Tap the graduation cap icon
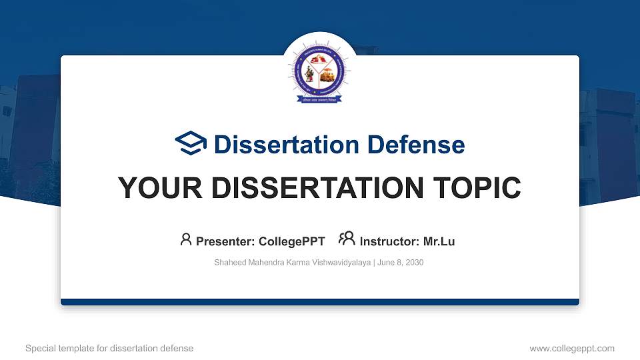click(191, 143)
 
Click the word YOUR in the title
click(155, 188)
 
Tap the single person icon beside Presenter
click(186, 239)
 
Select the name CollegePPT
click(291, 241)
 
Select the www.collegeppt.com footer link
click(571, 348)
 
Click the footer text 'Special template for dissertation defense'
click(109, 348)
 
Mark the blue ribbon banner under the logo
click(319, 100)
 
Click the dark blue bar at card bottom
click(319, 302)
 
